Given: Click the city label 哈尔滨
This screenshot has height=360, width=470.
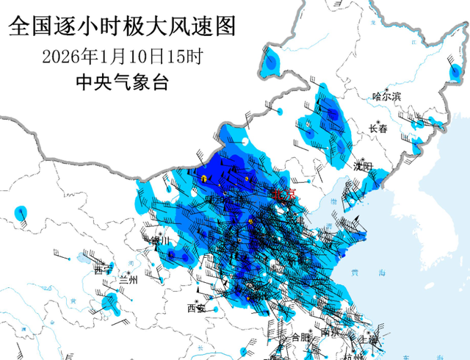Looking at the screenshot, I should [x=386, y=96].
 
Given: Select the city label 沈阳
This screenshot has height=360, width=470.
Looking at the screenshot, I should [x=363, y=166].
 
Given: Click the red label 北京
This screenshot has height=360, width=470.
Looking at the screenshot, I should [x=283, y=195].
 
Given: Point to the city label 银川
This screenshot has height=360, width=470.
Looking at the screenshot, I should [x=158, y=240].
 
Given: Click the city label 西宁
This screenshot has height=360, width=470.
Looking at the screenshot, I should [x=102, y=270].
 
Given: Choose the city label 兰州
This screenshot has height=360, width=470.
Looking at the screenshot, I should [x=129, y=280].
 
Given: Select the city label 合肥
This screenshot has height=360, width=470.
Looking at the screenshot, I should [x=300, y=337].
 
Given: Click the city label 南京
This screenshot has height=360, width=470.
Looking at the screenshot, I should [x=330, y=332].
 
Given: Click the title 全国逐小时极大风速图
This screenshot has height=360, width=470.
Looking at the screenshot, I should [x=122, y=27].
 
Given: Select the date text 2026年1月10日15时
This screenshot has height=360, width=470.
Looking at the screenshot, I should [x=122, y=56].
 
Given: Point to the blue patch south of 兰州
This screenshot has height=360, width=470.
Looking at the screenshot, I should [x=111, y=302].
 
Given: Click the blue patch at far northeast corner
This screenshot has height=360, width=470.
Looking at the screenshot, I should [x=456, y=71].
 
